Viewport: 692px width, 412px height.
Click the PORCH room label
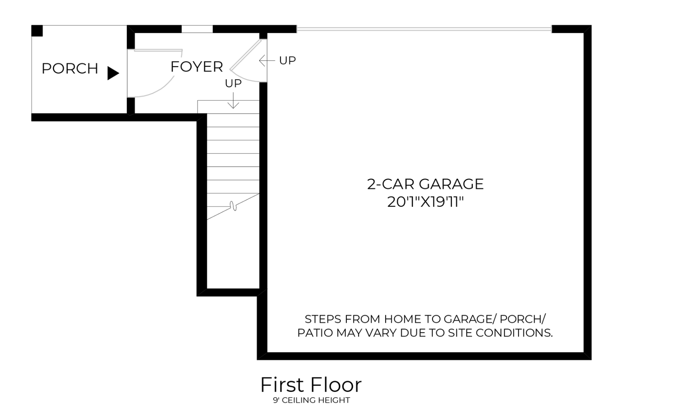[70, 69]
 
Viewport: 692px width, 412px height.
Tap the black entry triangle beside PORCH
[112, 73]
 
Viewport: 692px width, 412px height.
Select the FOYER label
[196, 67]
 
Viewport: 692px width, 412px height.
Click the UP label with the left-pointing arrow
[287, 60]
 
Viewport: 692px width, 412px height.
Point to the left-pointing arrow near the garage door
[266, 60]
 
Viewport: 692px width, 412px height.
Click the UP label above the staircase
[233, 83]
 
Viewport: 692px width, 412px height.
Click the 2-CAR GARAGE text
[425, 184]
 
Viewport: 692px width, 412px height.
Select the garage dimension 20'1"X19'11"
[425, 202]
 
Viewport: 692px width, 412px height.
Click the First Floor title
[311, 385]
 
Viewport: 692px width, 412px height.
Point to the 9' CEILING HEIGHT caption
[311, 400]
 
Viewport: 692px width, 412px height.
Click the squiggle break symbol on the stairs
[233, 206]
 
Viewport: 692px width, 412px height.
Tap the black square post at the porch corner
[37, 31]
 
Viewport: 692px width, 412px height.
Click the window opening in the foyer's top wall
[197, 29]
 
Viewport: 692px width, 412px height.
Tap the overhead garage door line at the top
[424, 29]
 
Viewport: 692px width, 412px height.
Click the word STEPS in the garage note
[320, 319]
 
